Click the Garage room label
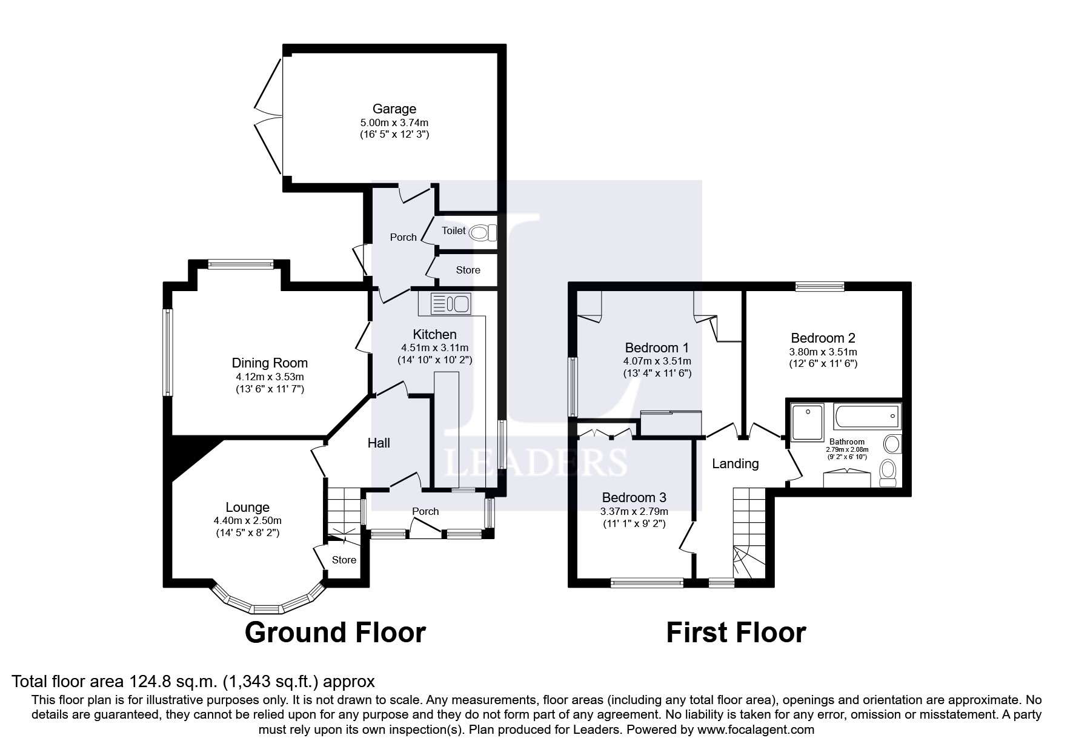coord(394,109)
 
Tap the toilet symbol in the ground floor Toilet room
coord(483,232)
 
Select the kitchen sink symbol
coord(450,303)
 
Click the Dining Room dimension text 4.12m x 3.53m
coord(270,377)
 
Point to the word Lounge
coord(247,507)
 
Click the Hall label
coord(379,443)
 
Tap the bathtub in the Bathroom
coord(867,417)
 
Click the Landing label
coord(735,463)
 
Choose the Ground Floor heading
coord(335,633)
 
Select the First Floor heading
coord(736,633)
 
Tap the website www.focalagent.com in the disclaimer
coord(756,730)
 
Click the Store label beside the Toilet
coord(468,270)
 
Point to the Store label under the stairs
coord(344,560)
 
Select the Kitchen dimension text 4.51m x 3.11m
coord(434,347)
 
